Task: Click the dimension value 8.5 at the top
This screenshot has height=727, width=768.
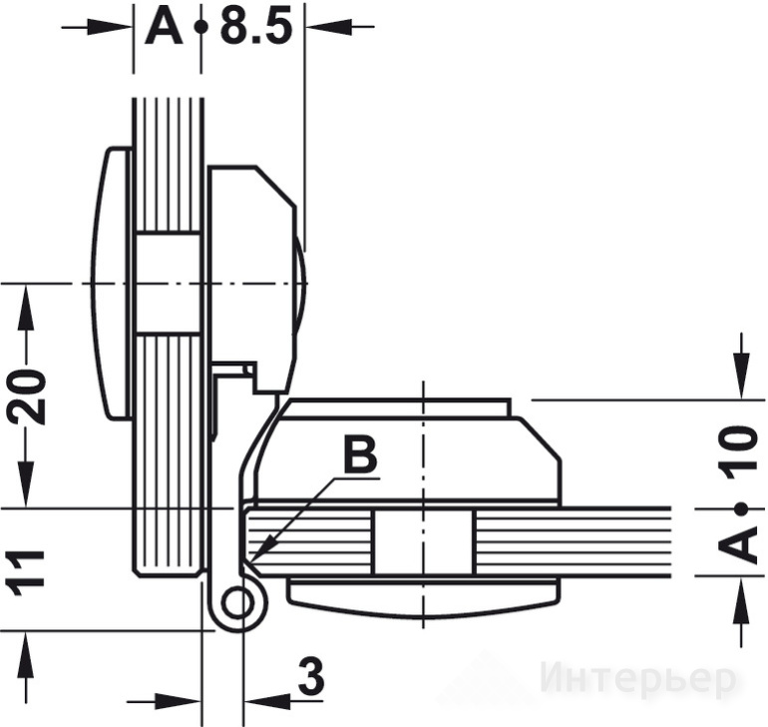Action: tap(255, 26)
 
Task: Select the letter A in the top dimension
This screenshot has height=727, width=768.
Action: tap(165, 27)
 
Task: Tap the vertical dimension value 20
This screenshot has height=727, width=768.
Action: tap(26, 396)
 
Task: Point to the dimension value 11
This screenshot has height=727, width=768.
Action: tap(25, 573)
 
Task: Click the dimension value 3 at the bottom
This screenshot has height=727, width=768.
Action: tap(311, 676)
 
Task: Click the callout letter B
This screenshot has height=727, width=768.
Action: tap(360, 454)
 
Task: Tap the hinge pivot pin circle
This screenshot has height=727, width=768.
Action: tap(237, 602)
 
